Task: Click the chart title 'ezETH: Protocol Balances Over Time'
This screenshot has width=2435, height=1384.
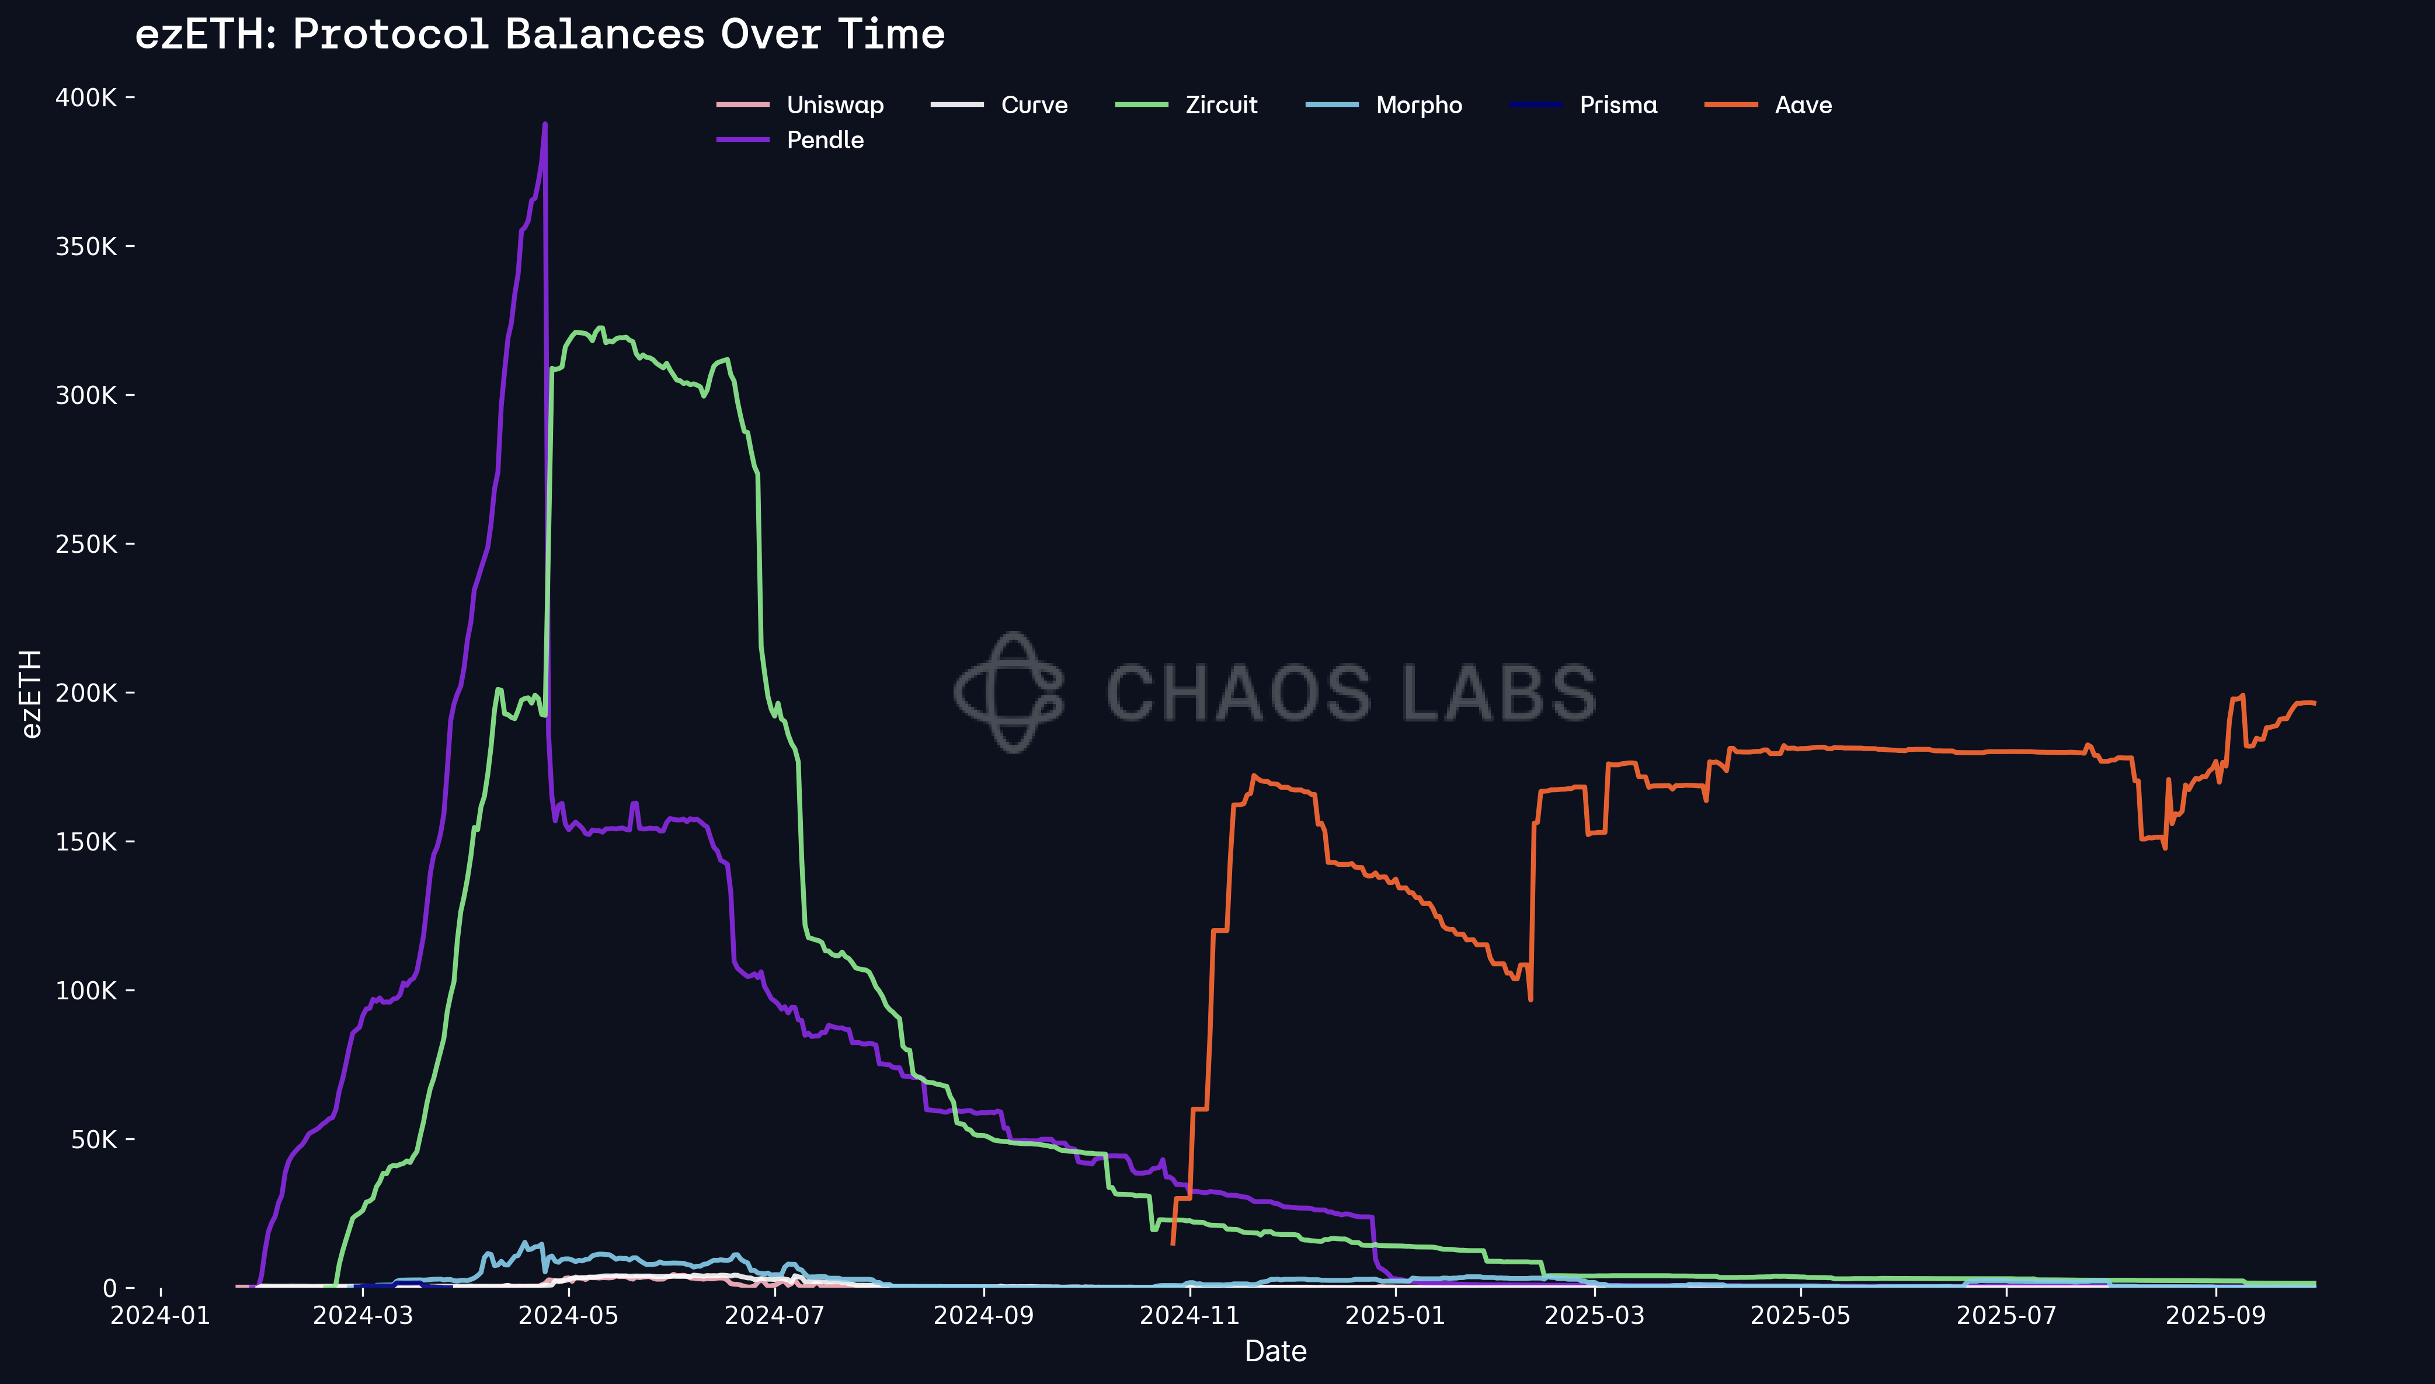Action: click(540, 35)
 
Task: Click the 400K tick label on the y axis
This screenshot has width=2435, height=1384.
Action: click(86, 98)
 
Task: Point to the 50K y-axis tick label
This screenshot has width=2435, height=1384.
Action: click(93, 1139)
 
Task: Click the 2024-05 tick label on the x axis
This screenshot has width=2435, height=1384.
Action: click(569, 1316)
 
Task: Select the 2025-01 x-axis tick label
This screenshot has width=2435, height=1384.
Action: click(1395, 1316)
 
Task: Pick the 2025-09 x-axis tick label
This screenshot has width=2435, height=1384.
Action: click(2215, 1316)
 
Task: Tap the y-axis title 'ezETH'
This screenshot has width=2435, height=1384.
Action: click(32, 694)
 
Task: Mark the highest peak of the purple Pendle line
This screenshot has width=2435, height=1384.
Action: click(545, 124)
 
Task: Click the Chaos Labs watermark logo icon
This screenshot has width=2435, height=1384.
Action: click(1010, 692)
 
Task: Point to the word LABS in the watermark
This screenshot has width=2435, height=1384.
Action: click(1500, 693)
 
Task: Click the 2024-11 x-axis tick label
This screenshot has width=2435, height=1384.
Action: click(1189, 1316)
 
